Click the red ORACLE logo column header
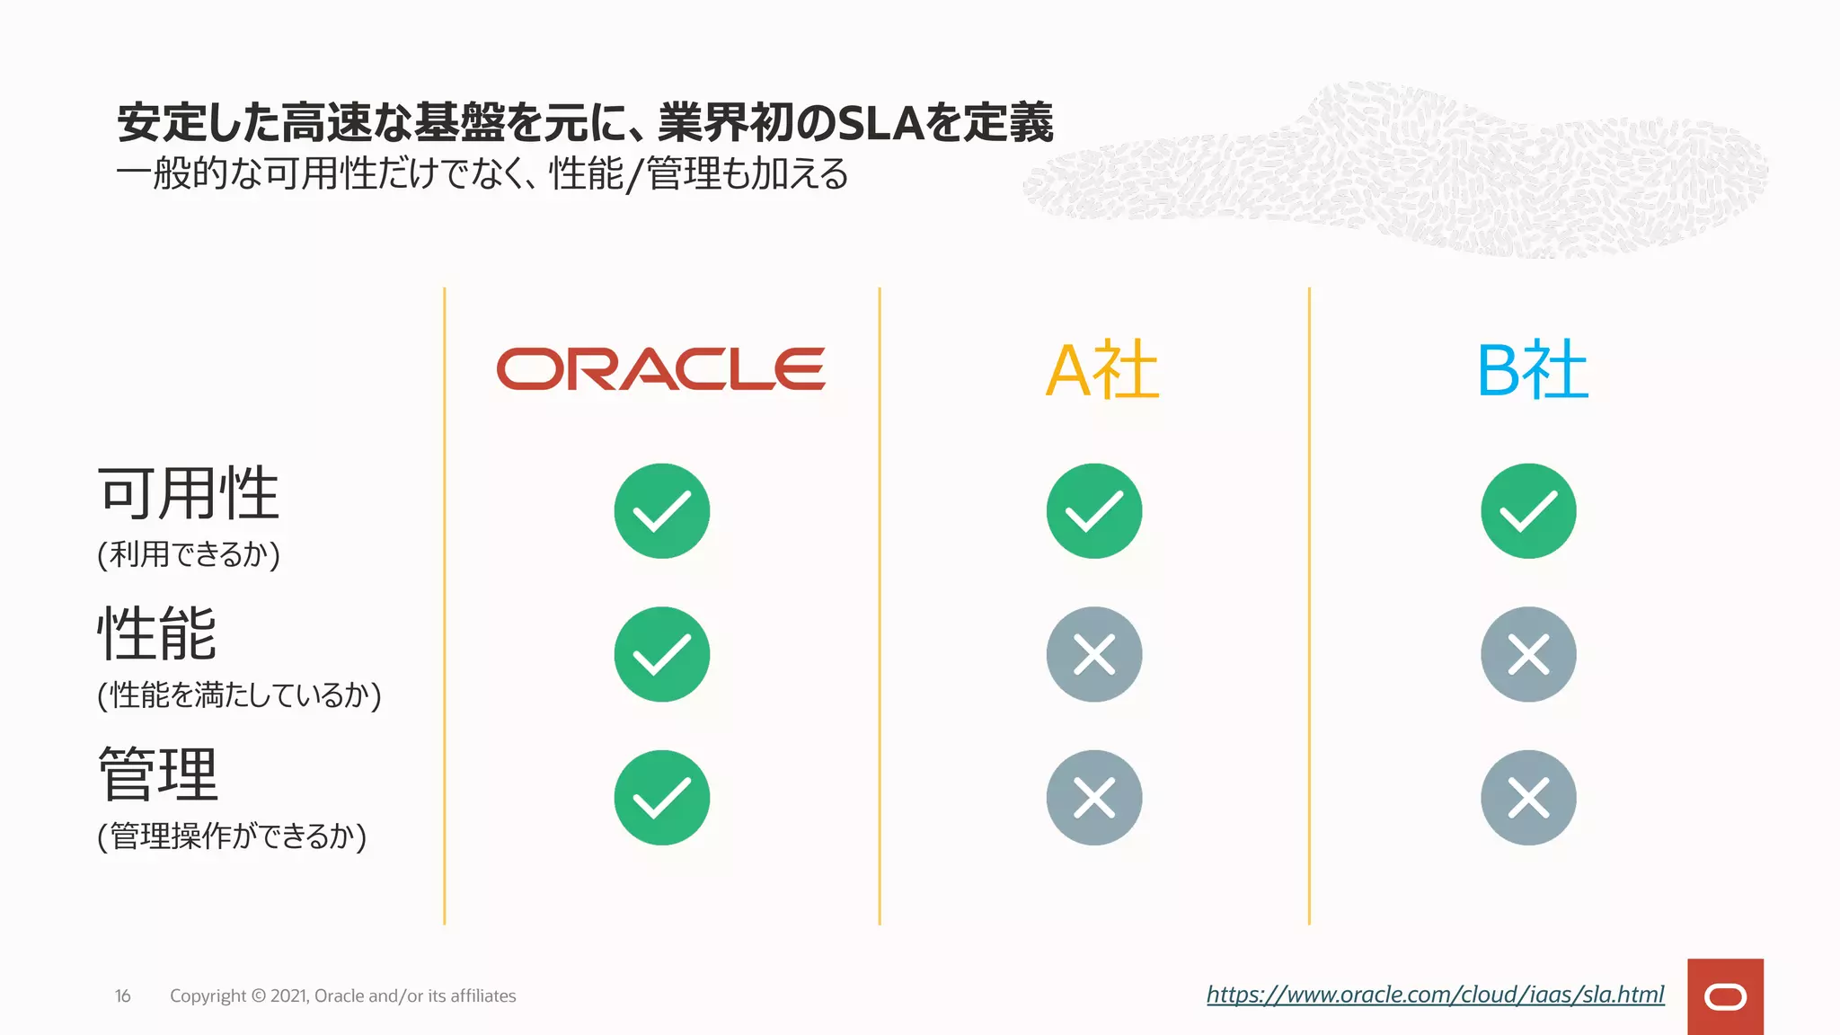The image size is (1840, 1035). coord(660,369)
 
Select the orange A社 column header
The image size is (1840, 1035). coord(1102,370)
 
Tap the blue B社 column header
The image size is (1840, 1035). coord(1533,370)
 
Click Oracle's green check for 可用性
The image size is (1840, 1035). coord(662,511)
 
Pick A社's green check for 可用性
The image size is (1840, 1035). coord(1094,511)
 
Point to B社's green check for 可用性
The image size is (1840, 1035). coord(1528,511)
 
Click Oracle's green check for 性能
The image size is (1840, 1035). coord(662,654)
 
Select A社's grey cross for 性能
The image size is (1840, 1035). coord(1094,654)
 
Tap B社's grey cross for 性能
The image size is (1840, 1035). coord(1528,654)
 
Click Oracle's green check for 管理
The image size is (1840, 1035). coord(662,798)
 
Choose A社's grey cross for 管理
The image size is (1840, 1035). coord(1094,798)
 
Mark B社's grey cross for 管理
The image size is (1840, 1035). coord(1528,798)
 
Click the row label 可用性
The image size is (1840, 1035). coord(189,493)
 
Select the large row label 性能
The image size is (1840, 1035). coord(157,633)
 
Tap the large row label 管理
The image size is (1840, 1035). coord(158,774)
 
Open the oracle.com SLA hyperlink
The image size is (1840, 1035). coord(1435,995)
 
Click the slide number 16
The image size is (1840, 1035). coord(123,996)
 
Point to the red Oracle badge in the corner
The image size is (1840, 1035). coord(1725,996)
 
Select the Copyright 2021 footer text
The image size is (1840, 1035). coord(342,996)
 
